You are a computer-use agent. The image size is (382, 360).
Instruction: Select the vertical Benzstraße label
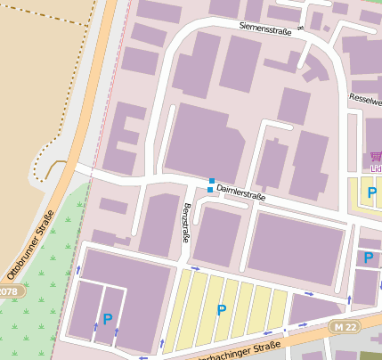point(186,223)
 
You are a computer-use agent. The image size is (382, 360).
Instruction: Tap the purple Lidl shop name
point(376,168)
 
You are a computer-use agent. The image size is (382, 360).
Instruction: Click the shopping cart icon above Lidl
point(377,155)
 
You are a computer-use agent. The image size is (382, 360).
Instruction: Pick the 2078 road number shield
point(8,291)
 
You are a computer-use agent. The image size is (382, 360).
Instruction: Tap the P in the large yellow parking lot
point(221,310)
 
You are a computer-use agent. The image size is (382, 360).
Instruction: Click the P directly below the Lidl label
point(372,192)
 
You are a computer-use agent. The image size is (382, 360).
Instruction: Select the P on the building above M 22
point(368,258)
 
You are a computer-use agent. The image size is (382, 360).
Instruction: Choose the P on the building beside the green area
point(108,318)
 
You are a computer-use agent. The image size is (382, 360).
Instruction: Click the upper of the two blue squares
point(212,181)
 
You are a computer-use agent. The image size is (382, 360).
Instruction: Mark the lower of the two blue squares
point(210,190)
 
